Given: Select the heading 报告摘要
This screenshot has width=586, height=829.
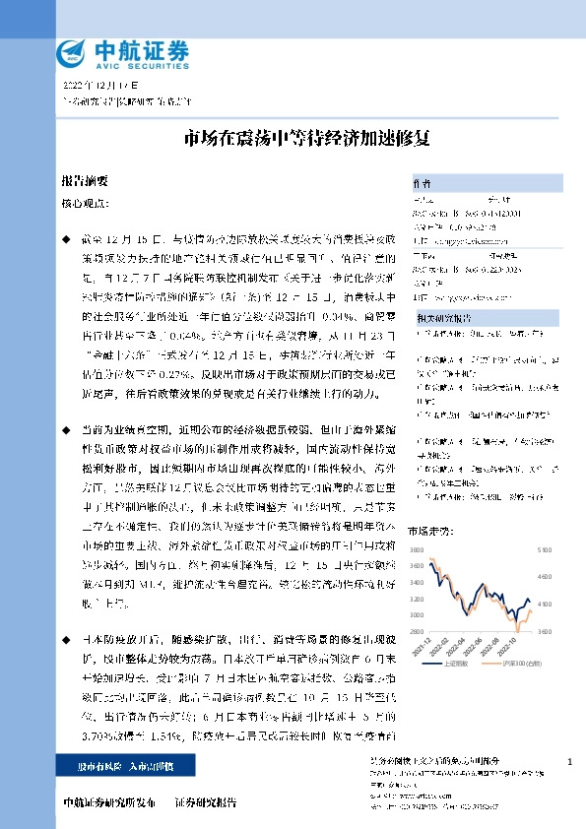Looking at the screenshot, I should (x=84, y=183).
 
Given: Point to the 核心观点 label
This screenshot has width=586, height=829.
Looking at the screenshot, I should (x=87, y=204).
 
